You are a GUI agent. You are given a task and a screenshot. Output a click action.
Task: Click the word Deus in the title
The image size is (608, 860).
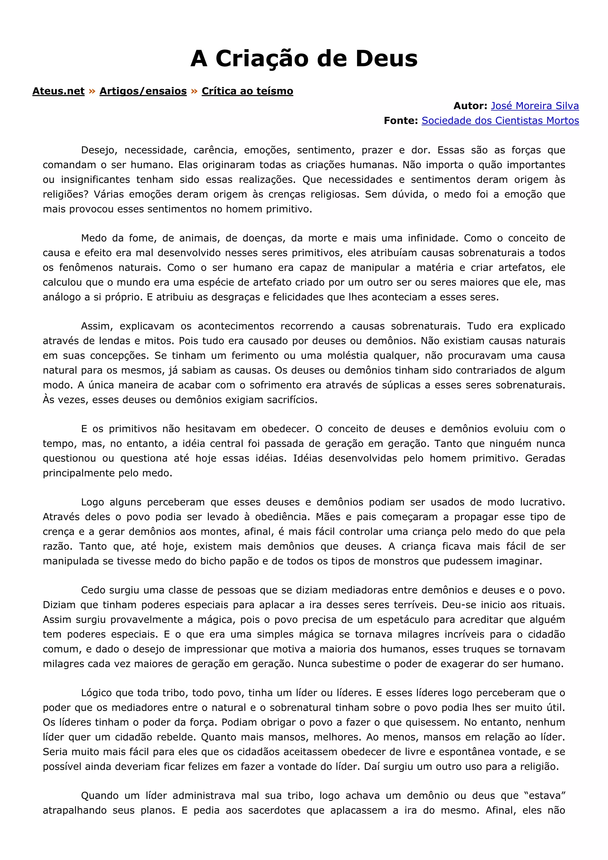[386, 59]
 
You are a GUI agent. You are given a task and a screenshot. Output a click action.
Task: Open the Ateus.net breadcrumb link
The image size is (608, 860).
[58, 91]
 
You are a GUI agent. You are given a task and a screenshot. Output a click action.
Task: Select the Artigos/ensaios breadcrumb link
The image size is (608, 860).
[143, 91]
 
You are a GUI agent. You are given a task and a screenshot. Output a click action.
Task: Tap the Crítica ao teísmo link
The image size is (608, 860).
[247, 91]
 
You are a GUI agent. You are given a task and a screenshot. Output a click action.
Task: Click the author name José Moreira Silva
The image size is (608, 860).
[535, 106]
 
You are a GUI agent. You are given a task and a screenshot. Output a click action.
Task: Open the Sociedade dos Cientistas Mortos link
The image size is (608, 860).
[500, 121]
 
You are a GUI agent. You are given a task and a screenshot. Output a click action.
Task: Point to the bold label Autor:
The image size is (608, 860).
[470, 106]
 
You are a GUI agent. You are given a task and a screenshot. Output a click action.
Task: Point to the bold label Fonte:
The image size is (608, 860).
[400, 121]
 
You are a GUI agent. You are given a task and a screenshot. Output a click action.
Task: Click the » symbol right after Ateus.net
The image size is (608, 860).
[92, 91]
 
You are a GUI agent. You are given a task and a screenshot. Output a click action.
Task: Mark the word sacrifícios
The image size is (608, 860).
[292, 400]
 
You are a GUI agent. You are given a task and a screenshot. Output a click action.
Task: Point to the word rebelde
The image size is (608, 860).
[177, 737]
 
